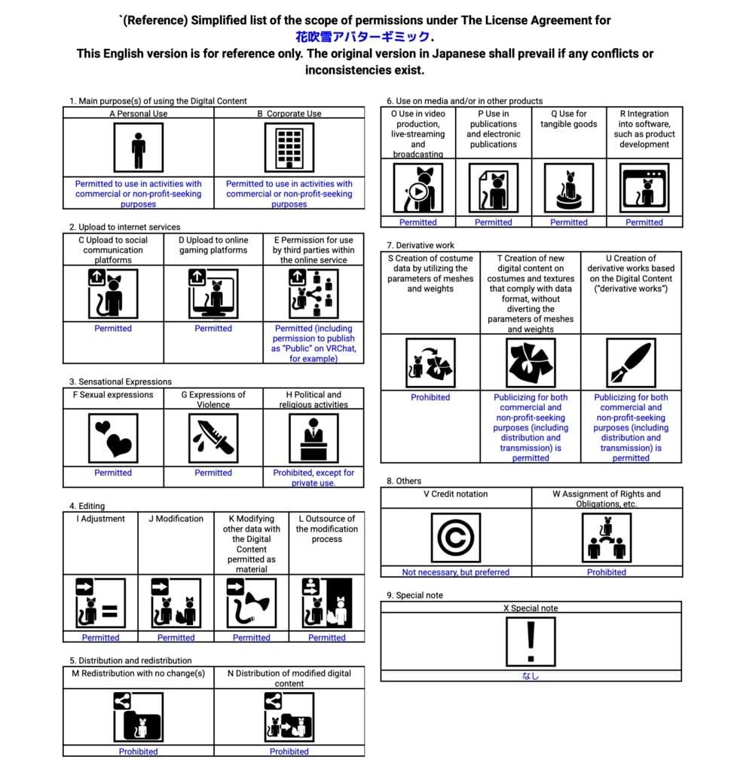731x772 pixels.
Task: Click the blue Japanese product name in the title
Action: point(362,37)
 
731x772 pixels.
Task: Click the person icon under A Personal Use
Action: point(139,148)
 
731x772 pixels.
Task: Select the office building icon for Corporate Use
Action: point(289,148)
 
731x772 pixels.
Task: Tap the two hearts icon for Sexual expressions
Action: point(113,438)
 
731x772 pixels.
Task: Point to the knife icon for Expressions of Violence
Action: point(213,438)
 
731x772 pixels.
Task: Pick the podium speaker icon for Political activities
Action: point(314,438)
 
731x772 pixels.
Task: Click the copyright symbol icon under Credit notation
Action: point(456,538)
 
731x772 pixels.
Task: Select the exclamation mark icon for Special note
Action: point(531,642)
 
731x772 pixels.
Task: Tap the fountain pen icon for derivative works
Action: point(631,363)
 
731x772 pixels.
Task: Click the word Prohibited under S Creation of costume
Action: point(430,397)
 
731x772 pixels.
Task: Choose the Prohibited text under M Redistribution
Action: point(139,752)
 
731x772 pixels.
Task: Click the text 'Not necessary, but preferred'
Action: point(456,572)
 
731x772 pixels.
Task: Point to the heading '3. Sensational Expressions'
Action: point(121,381)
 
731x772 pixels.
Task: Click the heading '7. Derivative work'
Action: point(421,245)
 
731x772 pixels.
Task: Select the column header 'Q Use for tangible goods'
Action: point(568,118)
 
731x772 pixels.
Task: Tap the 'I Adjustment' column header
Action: point(100,519)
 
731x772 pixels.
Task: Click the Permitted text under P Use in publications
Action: point(494,222)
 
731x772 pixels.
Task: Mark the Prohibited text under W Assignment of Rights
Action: point(607,572)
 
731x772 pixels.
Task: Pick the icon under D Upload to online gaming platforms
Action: point(213,293)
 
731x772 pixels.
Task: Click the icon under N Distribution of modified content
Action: point(289,717)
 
